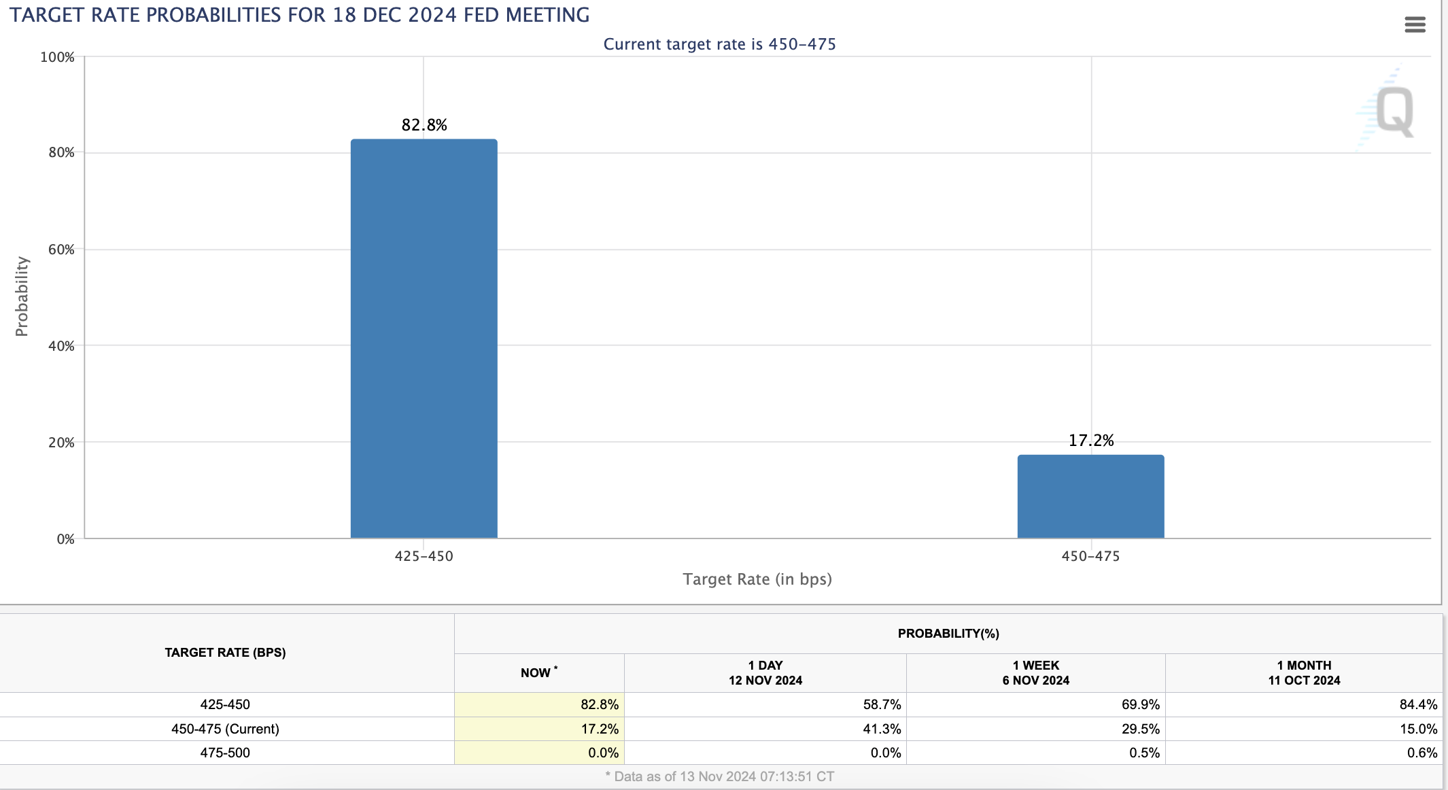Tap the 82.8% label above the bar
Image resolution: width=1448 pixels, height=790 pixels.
click(424, 125)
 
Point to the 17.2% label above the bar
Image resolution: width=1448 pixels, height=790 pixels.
click(1091, 441)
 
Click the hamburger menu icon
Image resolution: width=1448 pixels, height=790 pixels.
click(1415, 25)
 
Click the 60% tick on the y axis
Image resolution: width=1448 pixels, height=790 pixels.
click(61, 250)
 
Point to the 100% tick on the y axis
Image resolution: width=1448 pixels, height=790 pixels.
click(57, 57)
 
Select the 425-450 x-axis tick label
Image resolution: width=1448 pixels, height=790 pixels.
click(424, 556)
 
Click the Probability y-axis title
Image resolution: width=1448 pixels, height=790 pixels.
click(22, 296)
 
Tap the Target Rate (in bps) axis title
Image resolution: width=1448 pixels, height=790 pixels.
click(757, 579)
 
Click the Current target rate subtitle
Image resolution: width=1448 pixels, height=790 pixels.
click(719, 44)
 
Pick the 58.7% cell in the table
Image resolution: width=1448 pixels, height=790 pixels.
click(882, 704)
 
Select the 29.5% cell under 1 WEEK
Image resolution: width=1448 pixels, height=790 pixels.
click(1140, 729)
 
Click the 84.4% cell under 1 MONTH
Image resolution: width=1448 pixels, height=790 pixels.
click(1418, 704)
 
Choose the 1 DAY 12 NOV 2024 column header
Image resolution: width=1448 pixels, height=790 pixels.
click(765, 673)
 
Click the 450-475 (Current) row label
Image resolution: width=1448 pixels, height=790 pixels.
click(225, 729)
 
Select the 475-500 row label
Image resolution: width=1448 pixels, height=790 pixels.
click(225, 753)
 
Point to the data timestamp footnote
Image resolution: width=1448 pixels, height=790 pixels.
click(719, 776)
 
